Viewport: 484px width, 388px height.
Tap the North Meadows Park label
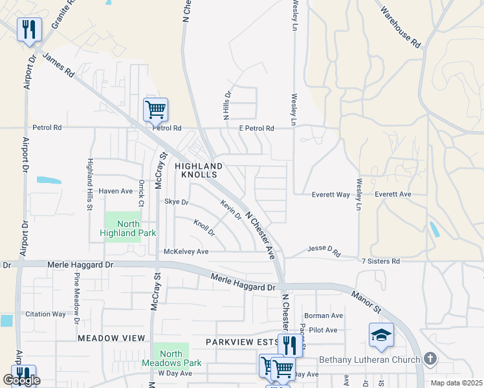171,358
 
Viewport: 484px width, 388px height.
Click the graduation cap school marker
380,335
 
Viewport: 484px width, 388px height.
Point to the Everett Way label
331,194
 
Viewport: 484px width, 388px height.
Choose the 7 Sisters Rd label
381,261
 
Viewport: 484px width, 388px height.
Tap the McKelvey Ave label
186,251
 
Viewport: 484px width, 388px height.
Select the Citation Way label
45,314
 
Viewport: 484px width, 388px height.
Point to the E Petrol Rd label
256,128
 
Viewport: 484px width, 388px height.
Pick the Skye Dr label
176,202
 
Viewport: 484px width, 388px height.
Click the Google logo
21,381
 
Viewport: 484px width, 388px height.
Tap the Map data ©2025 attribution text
456,383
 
